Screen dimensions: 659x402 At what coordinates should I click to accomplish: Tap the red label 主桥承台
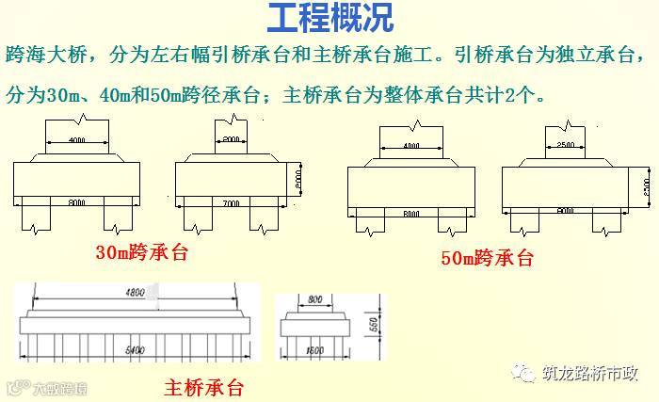(203, 386)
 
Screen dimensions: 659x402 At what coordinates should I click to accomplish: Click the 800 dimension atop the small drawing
(316, 298)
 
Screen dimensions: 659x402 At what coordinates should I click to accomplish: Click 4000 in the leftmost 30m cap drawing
(80, 139)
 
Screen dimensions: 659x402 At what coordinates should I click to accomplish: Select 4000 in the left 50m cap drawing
(410, 147)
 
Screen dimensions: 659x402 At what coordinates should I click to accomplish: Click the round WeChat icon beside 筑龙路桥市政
(525, 370)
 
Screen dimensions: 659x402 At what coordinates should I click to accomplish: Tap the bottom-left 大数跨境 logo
(47, 386)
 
